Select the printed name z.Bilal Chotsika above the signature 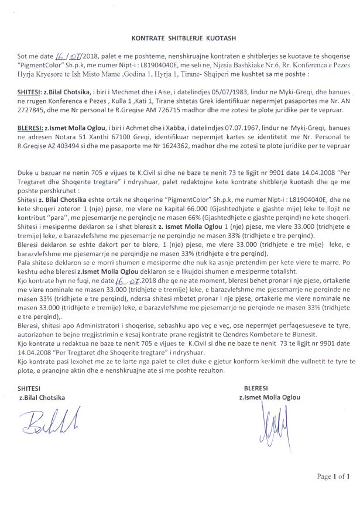42,397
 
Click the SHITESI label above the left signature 30,388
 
